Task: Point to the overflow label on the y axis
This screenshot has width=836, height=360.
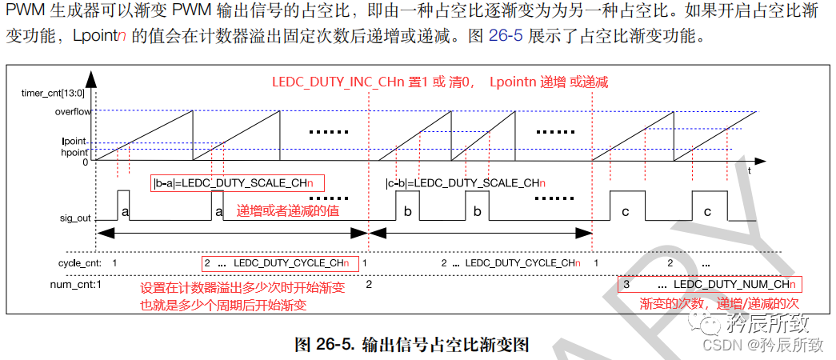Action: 73,112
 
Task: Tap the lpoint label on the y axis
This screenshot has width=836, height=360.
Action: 75,142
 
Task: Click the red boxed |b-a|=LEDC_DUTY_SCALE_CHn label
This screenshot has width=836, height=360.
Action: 238,183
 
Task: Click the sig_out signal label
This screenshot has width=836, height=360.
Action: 75,218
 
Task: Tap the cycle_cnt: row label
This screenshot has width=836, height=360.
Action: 80,263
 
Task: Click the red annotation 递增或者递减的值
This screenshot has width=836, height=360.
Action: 288,210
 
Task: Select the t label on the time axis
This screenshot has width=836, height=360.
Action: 749,170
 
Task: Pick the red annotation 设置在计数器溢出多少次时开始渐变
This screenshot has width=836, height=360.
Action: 242,289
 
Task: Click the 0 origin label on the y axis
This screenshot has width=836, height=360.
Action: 86,162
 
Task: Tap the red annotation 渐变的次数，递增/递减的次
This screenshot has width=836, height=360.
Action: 719,303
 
